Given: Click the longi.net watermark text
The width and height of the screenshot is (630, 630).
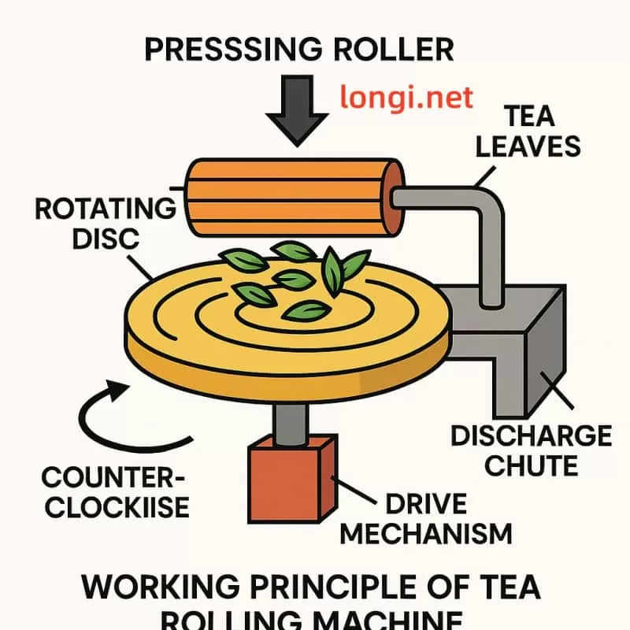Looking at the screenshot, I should [x=406, y=98].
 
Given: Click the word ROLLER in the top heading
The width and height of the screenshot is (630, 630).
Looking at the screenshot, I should [x=387, y=49].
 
